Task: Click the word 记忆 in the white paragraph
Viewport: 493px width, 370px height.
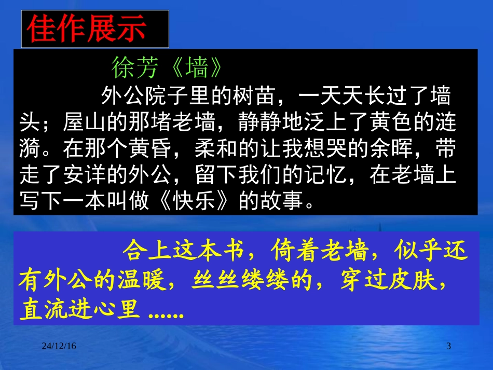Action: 333,176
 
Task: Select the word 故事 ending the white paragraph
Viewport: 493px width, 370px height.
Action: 283,202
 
